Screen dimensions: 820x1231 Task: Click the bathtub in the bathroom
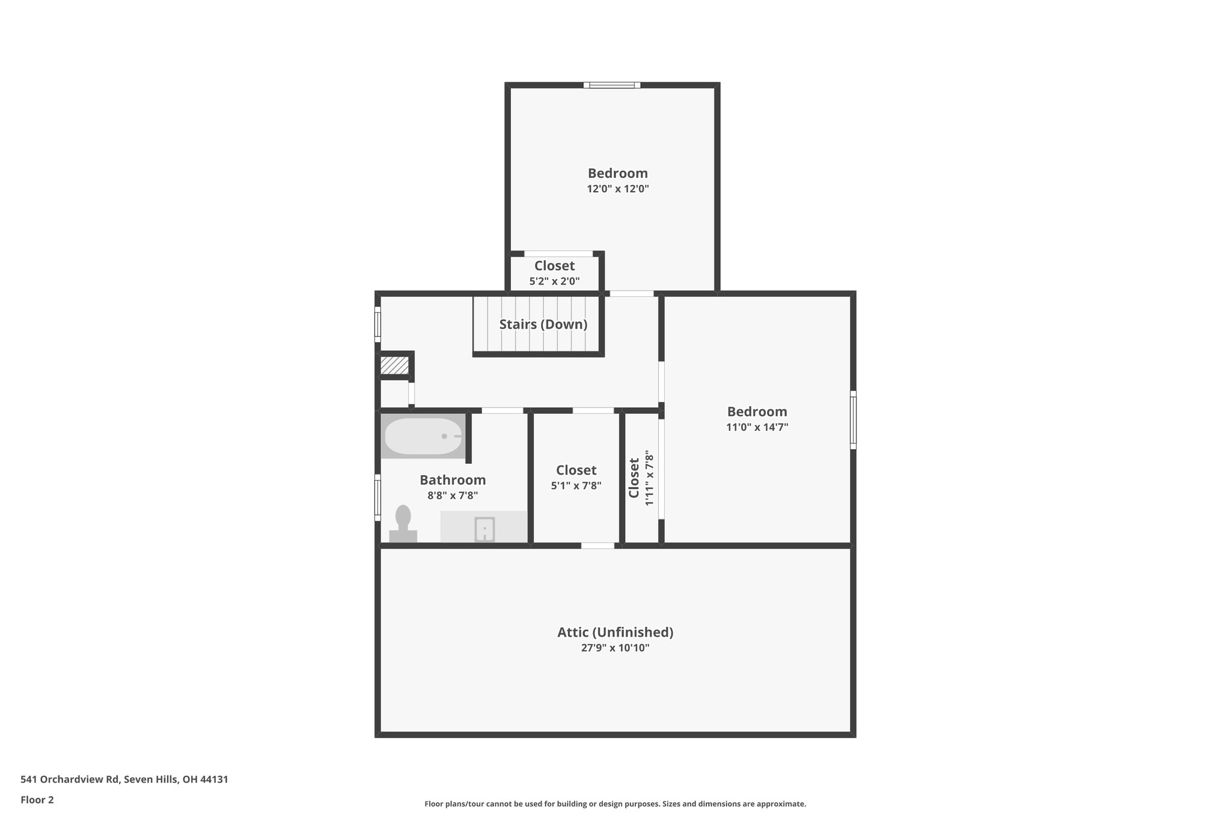click(x=423, y=436)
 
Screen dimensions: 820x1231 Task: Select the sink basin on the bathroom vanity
click(x=484, y=529)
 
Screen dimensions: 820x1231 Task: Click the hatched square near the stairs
click(x=394, y=366)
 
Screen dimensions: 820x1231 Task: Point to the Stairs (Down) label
click(x=543, y=324)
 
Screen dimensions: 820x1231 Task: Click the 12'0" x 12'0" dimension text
click(x=617, y=189)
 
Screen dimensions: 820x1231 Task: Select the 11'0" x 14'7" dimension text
click(x=757, y=427)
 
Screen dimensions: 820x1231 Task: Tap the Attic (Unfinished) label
click(x=615, y=632)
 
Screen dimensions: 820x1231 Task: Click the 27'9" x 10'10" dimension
click(x=615, y=648)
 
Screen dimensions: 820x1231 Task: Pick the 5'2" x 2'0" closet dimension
click(x=554, y=281)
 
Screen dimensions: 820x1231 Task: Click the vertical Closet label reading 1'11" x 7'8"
click(x=634, y=478)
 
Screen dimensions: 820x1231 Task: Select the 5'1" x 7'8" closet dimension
click(x=576, y=485)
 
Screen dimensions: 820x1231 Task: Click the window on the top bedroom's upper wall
click(x=612, y=85)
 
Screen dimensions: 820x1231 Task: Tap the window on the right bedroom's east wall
click(x=852, y=419)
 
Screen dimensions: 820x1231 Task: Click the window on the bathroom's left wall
click(x=378, y=497)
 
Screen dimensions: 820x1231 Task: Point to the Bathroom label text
click(x=453, y=480)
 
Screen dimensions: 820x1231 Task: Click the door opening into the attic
click(x=597, y=545)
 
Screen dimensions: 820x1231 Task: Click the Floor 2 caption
click(x=37, y=800)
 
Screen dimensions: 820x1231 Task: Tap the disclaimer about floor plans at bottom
click(x=615, y=804)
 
